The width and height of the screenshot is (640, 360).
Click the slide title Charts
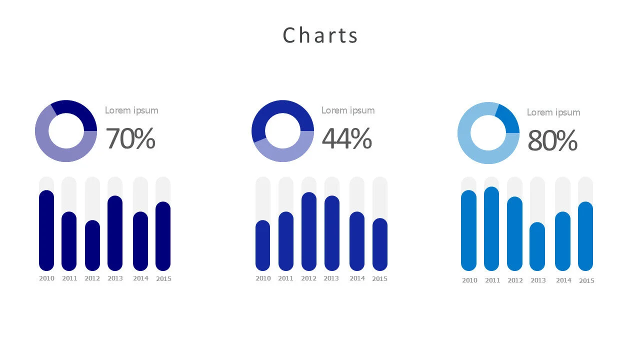coord(320,35)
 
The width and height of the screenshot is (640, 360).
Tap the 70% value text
coord(130,138)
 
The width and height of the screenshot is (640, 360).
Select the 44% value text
coord(346,138)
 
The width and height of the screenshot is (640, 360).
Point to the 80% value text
coord(552,140)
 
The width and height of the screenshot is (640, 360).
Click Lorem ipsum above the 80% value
coord(553,112)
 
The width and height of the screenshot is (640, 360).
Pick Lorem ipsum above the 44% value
coord(348,110)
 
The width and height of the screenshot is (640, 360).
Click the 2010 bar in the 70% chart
coord(46,230)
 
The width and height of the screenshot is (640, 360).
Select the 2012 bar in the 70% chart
coord(92,245)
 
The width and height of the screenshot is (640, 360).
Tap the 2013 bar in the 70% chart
coord(115,232)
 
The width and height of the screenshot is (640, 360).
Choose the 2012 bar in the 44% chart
coord(309,231)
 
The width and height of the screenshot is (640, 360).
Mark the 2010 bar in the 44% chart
coord(263,245)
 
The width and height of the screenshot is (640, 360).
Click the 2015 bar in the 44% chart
coord(380,244)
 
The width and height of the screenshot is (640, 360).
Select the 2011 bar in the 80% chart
coord(492,228)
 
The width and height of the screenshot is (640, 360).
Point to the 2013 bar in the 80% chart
coord(537,246)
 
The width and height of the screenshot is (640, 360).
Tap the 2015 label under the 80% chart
coord(586,281)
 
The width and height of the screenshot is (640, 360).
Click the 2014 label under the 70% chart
coord(140,278)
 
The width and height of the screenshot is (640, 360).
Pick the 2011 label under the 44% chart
coord(285,278)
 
